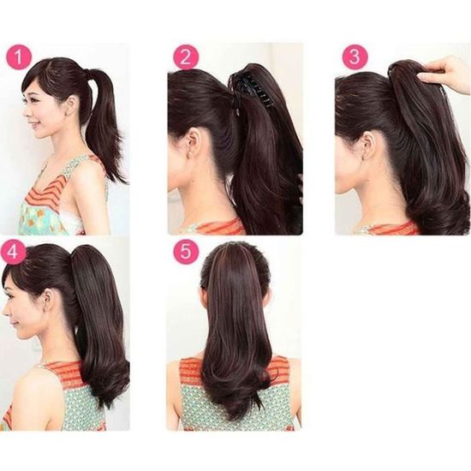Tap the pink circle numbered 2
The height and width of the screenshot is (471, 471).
(x=185, y=57)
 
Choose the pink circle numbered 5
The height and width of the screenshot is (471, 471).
(x=185, y=253)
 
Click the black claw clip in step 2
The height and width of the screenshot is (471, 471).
(x=253, y=86)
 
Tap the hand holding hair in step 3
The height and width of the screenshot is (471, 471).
(x=445, y=74)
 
